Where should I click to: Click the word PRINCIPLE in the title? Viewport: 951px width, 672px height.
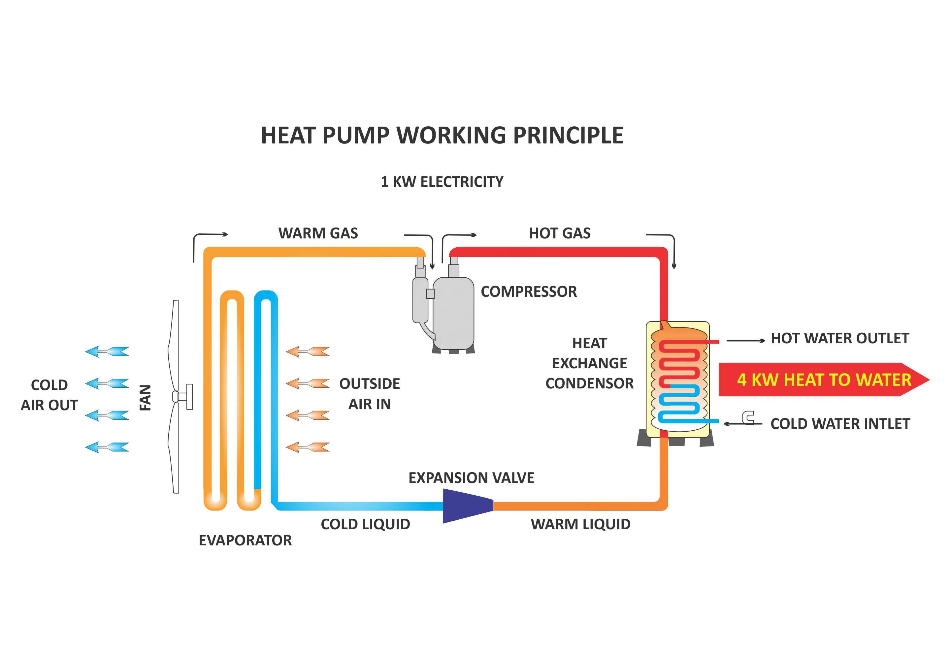568,135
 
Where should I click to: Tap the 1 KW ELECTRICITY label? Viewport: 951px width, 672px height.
442,182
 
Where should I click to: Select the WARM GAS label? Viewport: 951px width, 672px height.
318,233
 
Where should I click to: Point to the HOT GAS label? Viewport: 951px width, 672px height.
560,233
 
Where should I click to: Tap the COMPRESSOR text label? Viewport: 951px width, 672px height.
529,292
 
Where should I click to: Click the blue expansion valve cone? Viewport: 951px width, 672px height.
466,506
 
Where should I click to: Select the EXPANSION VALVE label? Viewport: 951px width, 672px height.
471,478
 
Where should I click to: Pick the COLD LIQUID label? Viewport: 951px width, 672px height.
365,524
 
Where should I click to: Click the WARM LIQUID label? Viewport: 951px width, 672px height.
580,524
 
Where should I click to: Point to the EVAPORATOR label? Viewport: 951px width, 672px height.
245,540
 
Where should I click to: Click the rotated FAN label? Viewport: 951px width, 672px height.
145,398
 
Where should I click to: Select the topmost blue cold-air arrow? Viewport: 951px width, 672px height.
107,352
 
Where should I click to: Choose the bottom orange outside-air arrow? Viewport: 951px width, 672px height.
308,447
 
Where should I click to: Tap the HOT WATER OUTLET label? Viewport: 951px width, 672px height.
839,339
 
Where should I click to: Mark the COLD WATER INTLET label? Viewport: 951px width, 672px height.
840,424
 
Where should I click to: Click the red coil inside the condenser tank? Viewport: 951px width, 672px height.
679,360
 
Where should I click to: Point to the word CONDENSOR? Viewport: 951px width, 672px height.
589,383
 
